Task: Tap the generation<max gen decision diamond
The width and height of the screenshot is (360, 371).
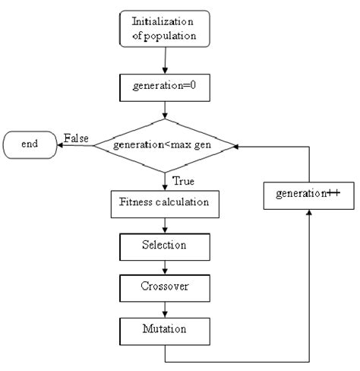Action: pyautogui.click(x=164, y=144)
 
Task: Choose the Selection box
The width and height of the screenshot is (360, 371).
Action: pyautogui.click(x=164, y=246)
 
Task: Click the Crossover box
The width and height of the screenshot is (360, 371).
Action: pyautogui.click(x=164, y=288)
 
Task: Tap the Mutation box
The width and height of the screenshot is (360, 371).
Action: pyautogui.click(x=164, y=330)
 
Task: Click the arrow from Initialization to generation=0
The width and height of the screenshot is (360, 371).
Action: pyautogui.click(x=164, y=62)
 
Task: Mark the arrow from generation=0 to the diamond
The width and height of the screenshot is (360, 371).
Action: pyautogui.click(x=164, y=111)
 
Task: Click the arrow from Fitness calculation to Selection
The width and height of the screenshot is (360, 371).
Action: pyautogui.click(x=164, y=225)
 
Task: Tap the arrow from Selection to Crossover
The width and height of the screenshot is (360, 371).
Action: pyautogui.click(x=164, y=267)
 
